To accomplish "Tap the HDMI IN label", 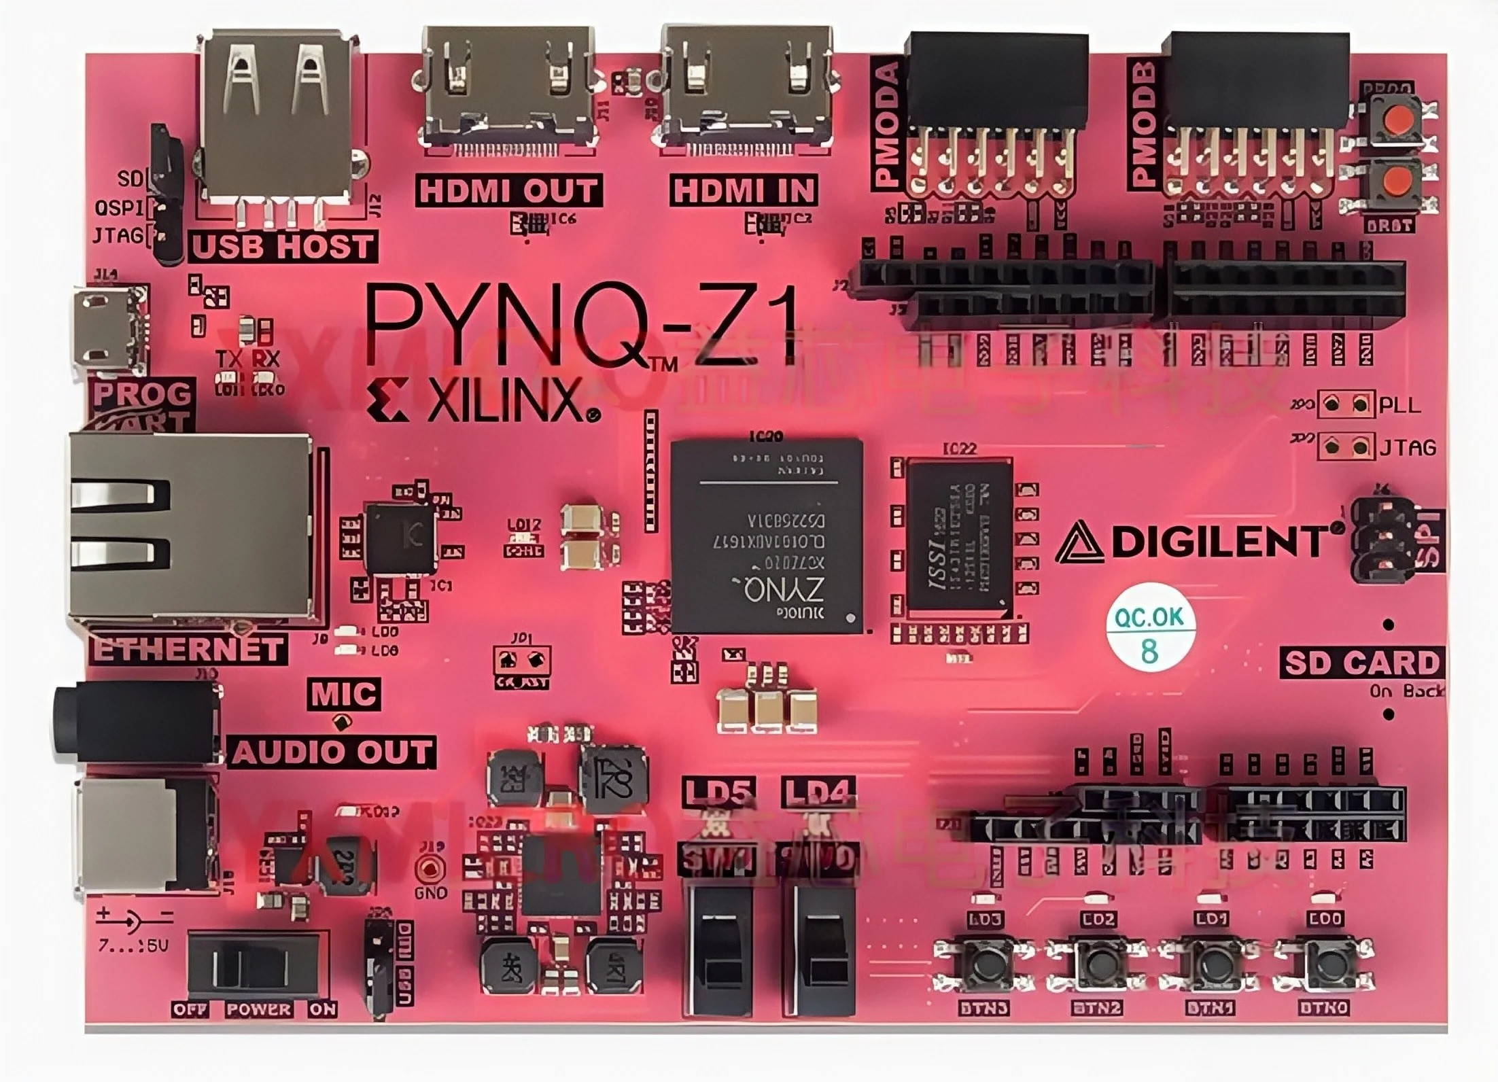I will (744, 190).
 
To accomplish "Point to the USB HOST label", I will (283, 246).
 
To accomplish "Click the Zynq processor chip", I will (766, 536).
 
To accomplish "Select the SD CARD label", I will (1361, 663).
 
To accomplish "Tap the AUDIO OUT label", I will (332, 752).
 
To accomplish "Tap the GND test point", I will (430, 869).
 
